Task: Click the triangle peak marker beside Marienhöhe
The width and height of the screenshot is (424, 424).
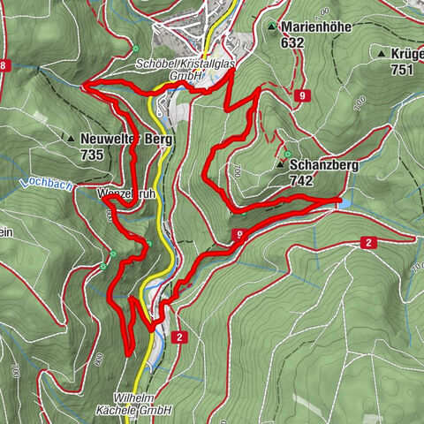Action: pos(273,27)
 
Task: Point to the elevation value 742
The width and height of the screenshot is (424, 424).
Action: pos(301,179)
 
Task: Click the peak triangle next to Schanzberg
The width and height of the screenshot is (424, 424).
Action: pos(281,164)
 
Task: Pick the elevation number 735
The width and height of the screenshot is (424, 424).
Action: pos(91,155)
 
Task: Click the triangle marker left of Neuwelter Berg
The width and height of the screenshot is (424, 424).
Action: pos(70,139)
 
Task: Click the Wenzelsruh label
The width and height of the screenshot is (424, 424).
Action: pos(122,191)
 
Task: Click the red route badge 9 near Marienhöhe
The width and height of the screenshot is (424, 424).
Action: pos(303,95)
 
